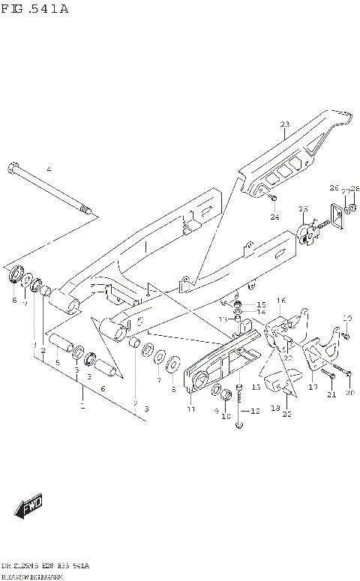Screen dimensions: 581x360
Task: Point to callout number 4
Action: click(x=49, y=170)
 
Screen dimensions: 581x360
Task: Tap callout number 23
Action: click(x=284, y=124)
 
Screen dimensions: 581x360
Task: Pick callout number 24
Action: click(x=274, y=217)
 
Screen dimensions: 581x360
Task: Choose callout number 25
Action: click(x=303, y=208)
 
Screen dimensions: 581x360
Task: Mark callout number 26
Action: click(x=334, y=187)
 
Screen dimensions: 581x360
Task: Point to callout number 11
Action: click(x=190, y=409)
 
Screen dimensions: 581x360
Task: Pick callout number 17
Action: click(x=313, y=388)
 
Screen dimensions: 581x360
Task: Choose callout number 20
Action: click(x=349, y=393)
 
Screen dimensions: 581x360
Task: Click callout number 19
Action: click(x=347, y=317)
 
